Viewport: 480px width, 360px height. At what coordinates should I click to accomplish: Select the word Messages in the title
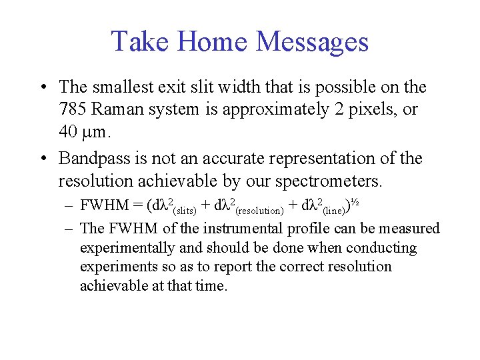tap(312, 41)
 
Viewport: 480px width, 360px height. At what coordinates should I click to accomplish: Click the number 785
tap(72, 109)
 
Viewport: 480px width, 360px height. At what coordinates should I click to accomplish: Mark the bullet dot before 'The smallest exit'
tap(42, 88)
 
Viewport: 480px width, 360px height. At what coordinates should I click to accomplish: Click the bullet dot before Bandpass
tap(42, 159)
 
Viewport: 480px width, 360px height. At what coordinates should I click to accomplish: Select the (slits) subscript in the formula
tap(185, 211)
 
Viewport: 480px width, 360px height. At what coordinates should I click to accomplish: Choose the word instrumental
tap(241, 229)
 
